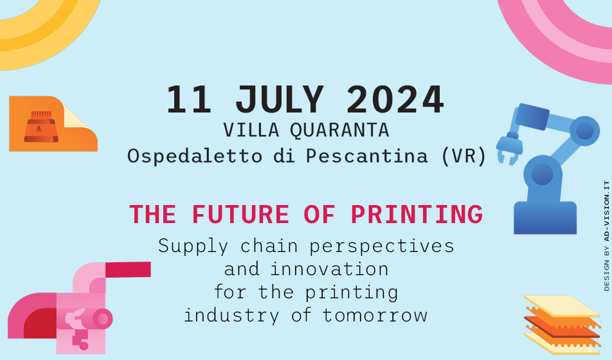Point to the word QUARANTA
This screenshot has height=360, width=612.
[339, 130]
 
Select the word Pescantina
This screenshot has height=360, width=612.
[372, 156]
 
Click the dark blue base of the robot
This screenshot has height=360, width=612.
[544, 218]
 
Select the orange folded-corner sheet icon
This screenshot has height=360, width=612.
[51, 124]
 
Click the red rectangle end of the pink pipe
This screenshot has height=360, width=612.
[128, 269]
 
